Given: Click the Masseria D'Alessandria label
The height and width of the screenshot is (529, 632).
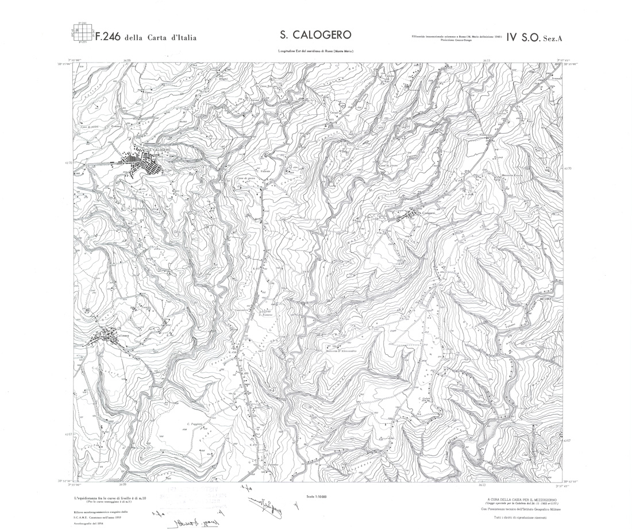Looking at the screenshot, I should tap(342, 350).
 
